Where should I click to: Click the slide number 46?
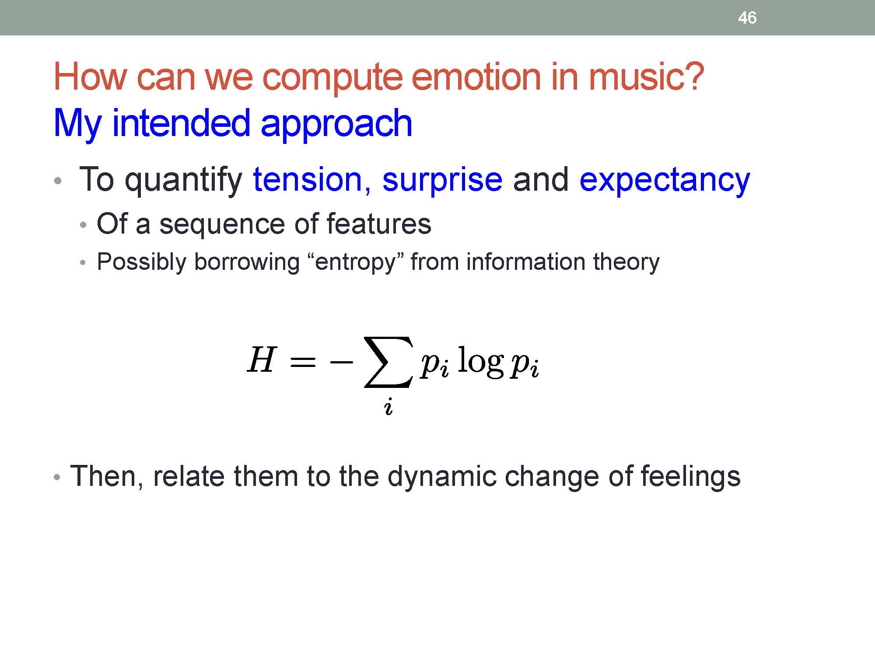(x=747, y=18)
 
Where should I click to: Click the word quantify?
(x=184, y=180)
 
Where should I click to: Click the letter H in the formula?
(x=262, y=359)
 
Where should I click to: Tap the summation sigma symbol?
(x=388, y=362)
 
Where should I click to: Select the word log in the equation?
(x=480, y=362)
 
